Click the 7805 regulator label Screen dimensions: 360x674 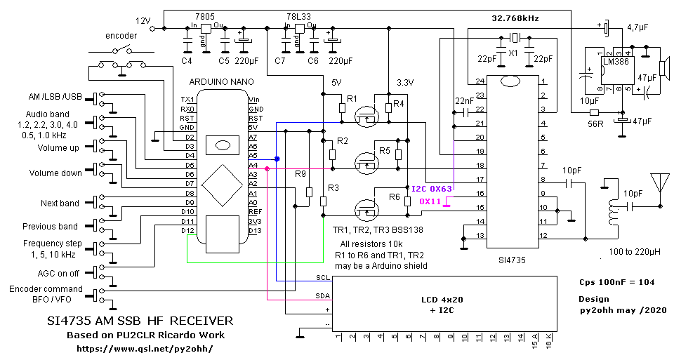coord(204,17)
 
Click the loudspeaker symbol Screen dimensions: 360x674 coord(663,68)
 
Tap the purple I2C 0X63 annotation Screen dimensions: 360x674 coord(431,189)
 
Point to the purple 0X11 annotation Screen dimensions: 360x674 coord(430,201)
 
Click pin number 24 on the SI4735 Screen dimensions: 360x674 coord(480,82)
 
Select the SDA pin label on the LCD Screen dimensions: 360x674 coord(322,295)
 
